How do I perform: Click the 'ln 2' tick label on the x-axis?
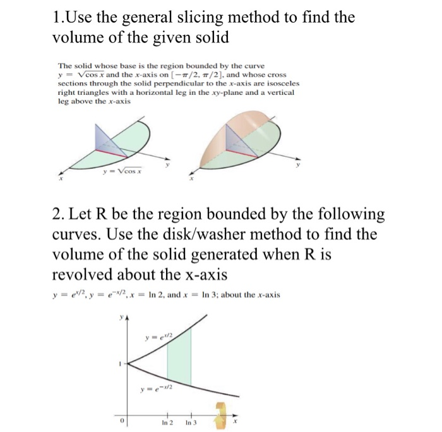point(167,422)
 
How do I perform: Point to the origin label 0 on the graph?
point(124,420)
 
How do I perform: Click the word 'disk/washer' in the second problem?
point(252,234)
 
